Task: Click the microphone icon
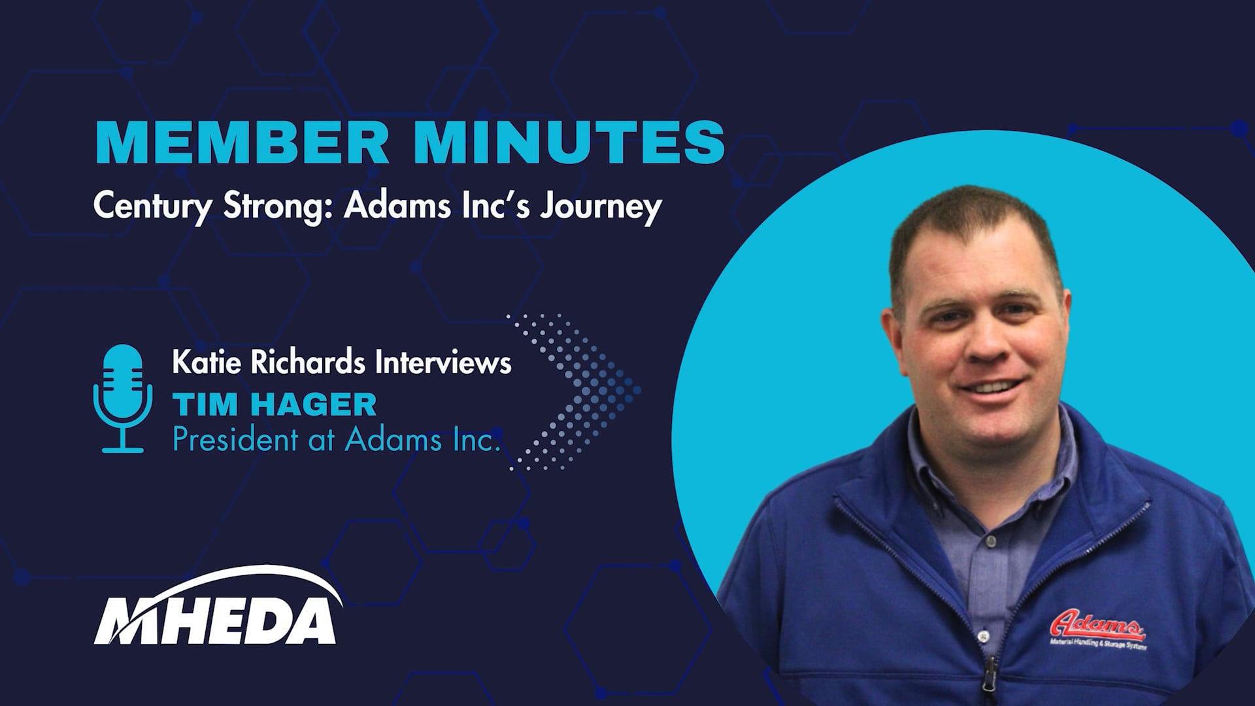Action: click(123, 399)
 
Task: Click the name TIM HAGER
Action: click(275, 405)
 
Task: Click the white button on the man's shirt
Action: click(981, 633)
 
